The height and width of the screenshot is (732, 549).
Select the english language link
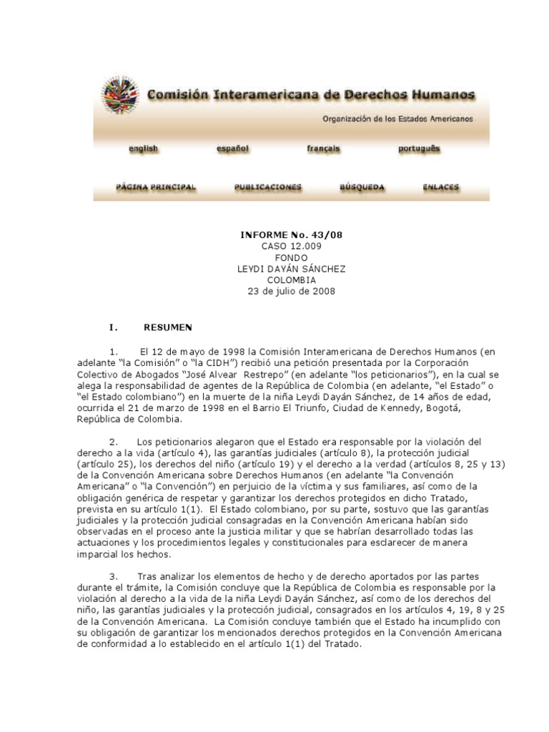(x=143, y=149)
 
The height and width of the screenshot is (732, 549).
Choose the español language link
(x=232, y=149)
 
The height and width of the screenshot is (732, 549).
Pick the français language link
(x=323, y=149)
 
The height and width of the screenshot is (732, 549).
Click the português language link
(x=419, y=149)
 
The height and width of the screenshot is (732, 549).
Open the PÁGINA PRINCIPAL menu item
(x=156, y=187)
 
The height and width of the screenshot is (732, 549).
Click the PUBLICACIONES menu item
(x=268, y=187)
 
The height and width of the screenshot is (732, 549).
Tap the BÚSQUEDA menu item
(x=362, y=187)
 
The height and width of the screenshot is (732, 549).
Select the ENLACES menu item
(x=441, y=187)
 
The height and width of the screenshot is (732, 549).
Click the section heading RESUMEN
(x=167, y=327)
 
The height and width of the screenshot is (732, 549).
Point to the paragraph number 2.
(x=114, y=442)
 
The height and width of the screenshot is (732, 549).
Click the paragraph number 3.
(x=114, y=576)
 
